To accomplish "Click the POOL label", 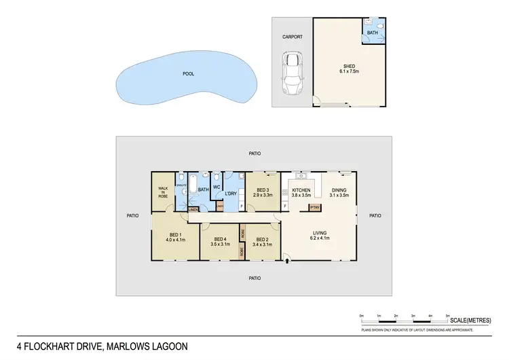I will point(188,74).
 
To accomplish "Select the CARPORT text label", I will point(293,37).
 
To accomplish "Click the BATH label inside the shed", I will point(372,32).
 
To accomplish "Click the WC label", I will point(216,187).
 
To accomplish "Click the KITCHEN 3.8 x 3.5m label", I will point(301,193).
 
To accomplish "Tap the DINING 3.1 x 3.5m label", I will point(339,193).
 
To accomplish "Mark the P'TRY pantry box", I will point(314,207).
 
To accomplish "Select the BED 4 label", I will point(219,238).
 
